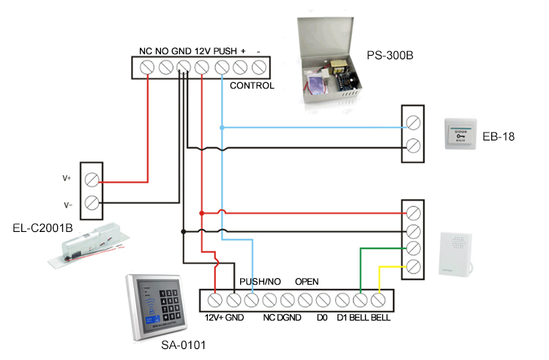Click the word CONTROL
(252, 86)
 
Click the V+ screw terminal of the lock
(92, 179)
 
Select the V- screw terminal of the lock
(92, 202)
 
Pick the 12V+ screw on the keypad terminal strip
(215, 300)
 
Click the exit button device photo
(459, 135)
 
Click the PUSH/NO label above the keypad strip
(261, 282)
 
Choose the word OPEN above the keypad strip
(307, 282)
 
